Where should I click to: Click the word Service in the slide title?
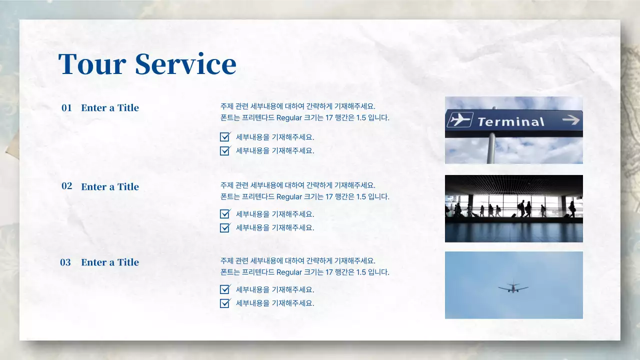185,64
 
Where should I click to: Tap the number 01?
66,107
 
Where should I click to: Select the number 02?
66,186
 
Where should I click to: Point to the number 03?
65,262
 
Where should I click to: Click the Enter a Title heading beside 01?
110,107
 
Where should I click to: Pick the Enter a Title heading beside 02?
110,186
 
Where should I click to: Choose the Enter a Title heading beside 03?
110,262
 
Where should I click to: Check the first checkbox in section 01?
225,136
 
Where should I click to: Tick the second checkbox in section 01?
225,150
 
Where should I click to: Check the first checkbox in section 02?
225,214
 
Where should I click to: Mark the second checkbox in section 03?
225,303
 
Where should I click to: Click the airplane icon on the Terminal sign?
459,119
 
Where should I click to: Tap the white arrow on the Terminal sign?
570,119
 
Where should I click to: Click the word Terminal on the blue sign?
510,121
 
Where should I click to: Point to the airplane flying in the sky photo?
513,287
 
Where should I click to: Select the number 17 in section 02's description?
329,197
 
